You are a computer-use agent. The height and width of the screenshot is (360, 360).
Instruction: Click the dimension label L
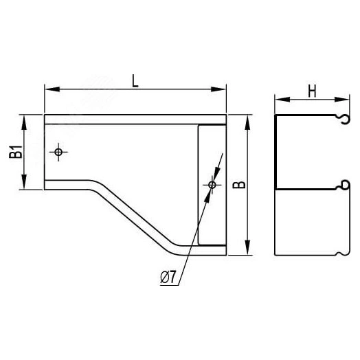tap(135, 80)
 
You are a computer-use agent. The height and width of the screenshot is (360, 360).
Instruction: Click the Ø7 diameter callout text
tap(168, 278)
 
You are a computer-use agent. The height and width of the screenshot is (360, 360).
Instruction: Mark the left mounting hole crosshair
tap(59, 151)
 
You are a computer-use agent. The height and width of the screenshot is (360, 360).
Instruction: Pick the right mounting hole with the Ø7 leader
tap(212, 185)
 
